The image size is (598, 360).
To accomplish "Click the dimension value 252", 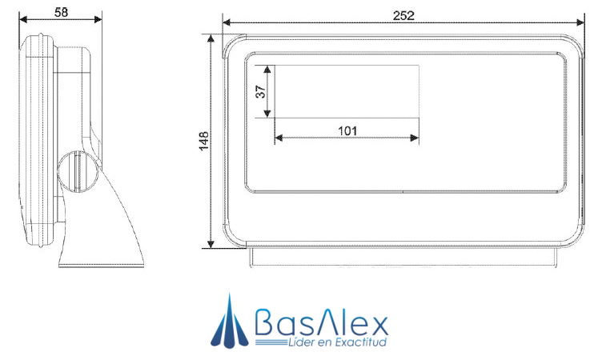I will coord(402,13).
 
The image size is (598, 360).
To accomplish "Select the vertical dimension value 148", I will coord(205,141).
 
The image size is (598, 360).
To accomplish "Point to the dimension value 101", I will coord(347,130).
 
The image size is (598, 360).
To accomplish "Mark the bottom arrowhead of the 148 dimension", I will coord(212,243).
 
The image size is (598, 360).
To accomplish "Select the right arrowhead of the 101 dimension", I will coord(414,138).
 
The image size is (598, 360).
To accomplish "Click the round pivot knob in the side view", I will coord(78,170).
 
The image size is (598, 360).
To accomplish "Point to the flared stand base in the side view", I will coord(104,240).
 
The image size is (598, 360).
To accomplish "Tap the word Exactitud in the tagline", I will coord(359,342).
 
